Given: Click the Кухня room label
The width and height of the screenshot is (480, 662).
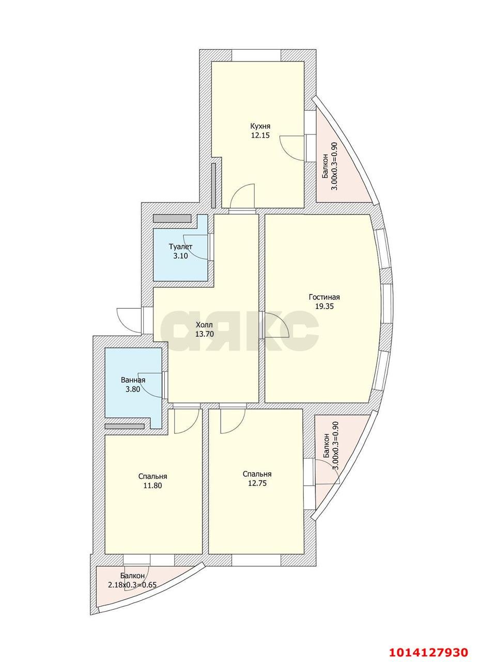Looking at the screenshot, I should [260, 126].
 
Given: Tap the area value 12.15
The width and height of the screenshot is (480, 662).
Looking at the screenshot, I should [260, 136].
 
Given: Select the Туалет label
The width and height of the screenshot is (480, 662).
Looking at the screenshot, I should [180, 247].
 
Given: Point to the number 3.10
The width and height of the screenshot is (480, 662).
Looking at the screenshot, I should [180, 256].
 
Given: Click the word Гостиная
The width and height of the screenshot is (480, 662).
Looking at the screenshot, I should [324, 297].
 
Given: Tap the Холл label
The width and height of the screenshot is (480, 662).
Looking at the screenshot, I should [204, 325].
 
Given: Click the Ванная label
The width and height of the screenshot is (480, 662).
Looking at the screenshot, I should [133, 380].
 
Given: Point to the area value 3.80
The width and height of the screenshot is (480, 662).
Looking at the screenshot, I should [133, 389].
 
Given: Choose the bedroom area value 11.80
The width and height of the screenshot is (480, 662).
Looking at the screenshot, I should [152, 486].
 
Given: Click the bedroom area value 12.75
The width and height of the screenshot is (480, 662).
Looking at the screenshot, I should [257, 484].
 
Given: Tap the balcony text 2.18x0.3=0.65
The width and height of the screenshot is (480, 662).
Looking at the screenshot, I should [132, 585].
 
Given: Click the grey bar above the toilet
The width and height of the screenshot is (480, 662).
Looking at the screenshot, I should [172, 218].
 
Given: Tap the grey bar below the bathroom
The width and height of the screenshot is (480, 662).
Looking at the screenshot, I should [125, 426].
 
